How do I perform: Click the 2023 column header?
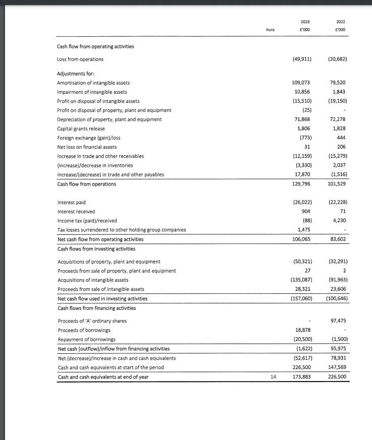pyautogui.click(x=305, y=22)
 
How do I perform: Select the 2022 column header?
pyautogui.click(x=340, y=22)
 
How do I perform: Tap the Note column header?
pyautogui.click(x=270, y=30)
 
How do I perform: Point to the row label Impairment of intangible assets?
pyautogui.click(x=92, y=92)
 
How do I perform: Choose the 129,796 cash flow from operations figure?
pyautogui.click(x=301, y=183)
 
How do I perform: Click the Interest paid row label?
pyautogui.click(x=72, y=202)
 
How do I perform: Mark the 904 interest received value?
pyautogui.click(x=305, y=211)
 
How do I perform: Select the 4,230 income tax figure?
pyautogui.click(x=339, y=220)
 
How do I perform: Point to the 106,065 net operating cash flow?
pyautogui.click(x=301, y=239)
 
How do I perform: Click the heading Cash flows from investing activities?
pyautogui.click(x=96, y=248)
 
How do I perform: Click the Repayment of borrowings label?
pyautogui.click(x=86, y=339)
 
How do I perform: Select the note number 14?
pyautogui.click(x=273, y=376)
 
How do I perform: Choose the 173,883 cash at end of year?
pyautogui.click(x=301, y=376)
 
